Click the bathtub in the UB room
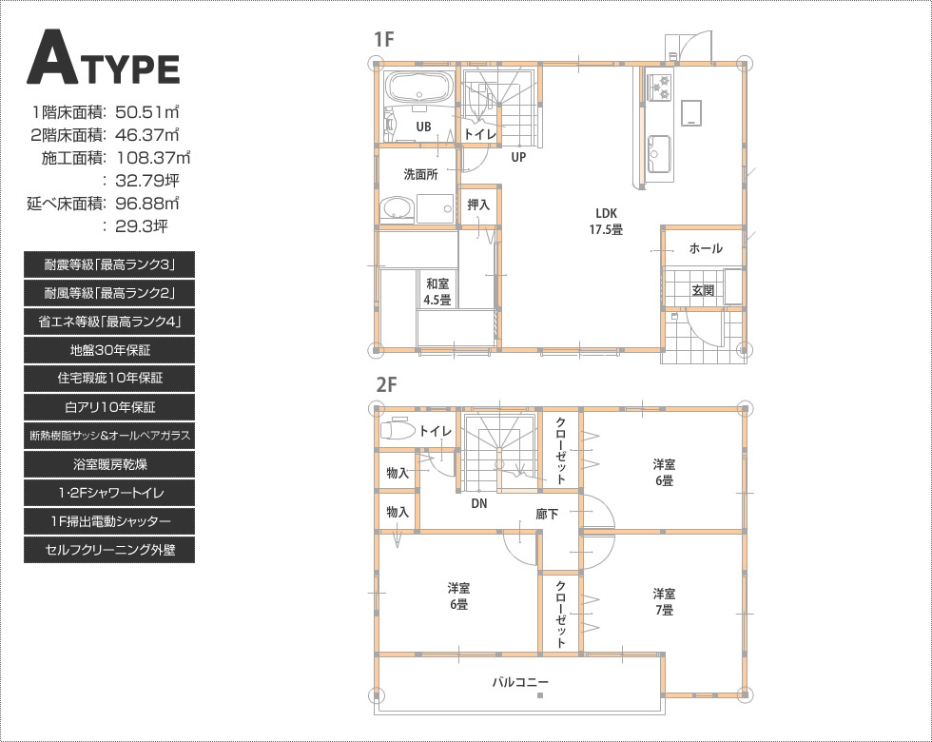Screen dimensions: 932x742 coord(418,88)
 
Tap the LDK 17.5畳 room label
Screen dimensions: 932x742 coord(606,221)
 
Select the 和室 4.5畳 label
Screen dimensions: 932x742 coord(437,292)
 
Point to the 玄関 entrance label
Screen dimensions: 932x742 coord(703,290)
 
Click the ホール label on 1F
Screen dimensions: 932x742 coord(706,248)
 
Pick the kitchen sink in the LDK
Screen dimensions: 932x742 coord(658,154)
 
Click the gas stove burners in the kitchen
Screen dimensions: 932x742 coord(660,87)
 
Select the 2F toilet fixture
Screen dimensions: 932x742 coord(398,429)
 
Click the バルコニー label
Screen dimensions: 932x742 coord(519,682)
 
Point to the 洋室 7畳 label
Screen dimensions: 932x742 coord(664,601)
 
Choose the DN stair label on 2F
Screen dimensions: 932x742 coord(478,503)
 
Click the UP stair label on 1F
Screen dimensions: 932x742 coord(518,158)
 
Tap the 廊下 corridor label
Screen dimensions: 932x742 coord(547,514)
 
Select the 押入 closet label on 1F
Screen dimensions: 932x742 coord(478,205)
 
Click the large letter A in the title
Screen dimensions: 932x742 coord(50,58)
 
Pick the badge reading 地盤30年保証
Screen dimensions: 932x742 coord(109,350)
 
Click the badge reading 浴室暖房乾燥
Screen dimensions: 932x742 coord(109,464)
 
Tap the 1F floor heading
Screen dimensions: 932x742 coord(384,39)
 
